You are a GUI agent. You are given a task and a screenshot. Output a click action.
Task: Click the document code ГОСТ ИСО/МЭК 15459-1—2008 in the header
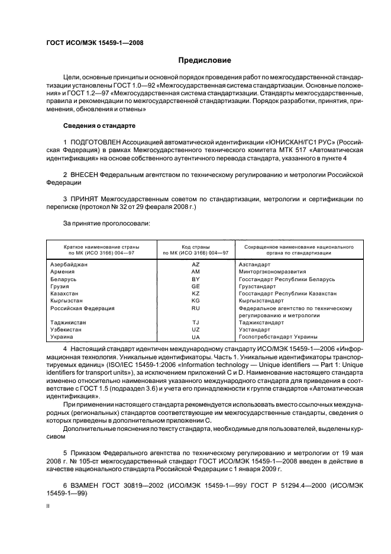94,43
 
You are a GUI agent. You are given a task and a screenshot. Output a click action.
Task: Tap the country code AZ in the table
196,265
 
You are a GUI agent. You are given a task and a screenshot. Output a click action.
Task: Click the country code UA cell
196,337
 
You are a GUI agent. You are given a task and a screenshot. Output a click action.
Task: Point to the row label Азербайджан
69,265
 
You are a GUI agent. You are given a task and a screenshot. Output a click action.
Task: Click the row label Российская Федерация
82,308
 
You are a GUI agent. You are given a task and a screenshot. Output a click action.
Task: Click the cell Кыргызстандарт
263,301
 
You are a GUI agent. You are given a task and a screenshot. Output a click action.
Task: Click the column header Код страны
196,245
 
